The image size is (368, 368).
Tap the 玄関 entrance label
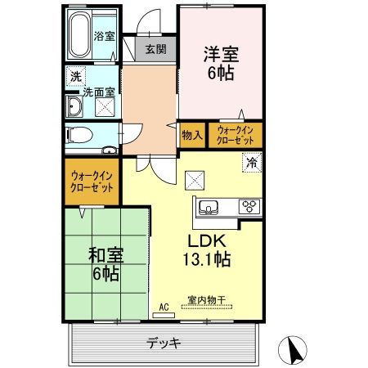[x=155, y=49]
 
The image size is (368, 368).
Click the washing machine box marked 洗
[x=74, y=77]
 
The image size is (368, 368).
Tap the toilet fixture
[x=80, y=134]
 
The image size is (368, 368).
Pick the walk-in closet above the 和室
[x=92, y=181]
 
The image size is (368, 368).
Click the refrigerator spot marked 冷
[x=253, y=162]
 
